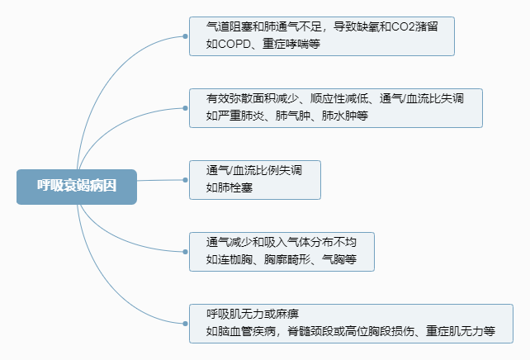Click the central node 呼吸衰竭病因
coord(76,186)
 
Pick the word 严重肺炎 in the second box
coord(239,116)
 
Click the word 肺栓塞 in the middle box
coord(230,187)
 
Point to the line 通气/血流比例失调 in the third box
coord(253,171)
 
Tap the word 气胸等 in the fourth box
coord(338,259)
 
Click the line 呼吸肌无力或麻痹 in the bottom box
coord(253,315)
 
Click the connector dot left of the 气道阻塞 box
coord(185,36)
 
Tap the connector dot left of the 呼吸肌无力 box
coord(185,324)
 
